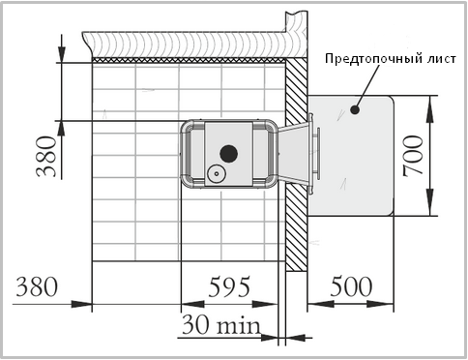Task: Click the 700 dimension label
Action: [x=414, y=156]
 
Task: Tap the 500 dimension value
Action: [x=351, y=286]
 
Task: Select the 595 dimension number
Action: [x=229, y=286]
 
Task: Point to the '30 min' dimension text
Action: [x=221, y=325]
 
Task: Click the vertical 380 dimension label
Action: [x=46, y=157]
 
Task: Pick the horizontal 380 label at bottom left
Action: [x=37, y=286]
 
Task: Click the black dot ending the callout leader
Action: [x=355, y=109]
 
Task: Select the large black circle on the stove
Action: [x=229, y=154]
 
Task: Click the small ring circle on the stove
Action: [x=217, y=173]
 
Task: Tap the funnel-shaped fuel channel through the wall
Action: [x=293, y=154]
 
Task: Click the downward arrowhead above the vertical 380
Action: [x=62, y=53]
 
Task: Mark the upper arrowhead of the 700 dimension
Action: [x=429, y=107]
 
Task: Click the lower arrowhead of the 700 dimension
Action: [x=429, y=204]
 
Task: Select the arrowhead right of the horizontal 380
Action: [x=81, y=304]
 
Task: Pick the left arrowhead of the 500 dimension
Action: [x=321, y=304]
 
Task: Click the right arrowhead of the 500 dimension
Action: [x=380, y=304]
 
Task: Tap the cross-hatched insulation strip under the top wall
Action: [x=189, y=60]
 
